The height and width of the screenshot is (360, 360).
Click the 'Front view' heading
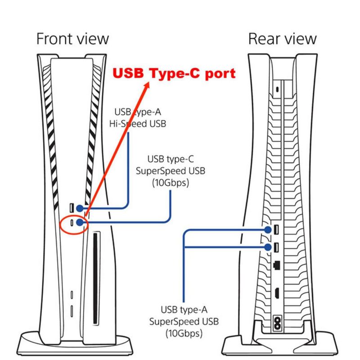[x=72, y=39]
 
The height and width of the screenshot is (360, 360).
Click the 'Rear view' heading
[x=283, y=39]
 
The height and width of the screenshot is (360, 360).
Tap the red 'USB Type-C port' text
[x=174, y=73]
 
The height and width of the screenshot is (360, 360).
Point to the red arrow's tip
[x=148, y=82]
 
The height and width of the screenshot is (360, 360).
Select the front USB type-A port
[x=72, y=208]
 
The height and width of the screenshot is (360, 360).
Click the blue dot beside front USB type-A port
[x=80, y=208]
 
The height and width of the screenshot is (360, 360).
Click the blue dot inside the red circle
[x=80, y=222]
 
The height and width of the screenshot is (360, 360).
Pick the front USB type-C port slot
[x=72, y=222]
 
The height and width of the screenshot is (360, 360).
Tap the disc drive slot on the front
[x=95, y=279]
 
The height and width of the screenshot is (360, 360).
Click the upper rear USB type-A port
[x=276, y=229]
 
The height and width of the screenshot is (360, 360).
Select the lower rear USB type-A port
[x=276, y=247]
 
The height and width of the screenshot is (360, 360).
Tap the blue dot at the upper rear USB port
[x=268, y=229]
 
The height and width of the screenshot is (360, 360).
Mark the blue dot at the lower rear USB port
[x=268, y=247]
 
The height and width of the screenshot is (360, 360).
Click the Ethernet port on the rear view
[x=277, y=265]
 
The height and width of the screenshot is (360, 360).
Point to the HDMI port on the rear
[x=277, y=293]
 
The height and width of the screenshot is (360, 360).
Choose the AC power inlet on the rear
[x=277, y=323]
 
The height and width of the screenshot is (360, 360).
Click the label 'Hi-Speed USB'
[x=138, y=124]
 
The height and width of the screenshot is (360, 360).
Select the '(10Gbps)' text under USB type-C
[x=171, y=183]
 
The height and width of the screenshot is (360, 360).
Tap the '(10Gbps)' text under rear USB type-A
[x=184, y=333]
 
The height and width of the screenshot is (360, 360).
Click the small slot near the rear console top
[x=277, y=89]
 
